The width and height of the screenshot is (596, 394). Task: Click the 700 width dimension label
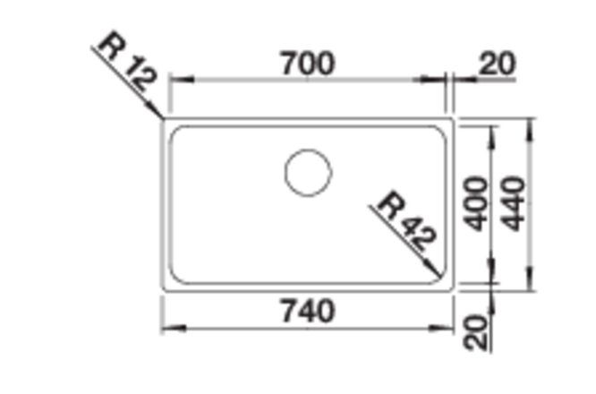click(308, 64)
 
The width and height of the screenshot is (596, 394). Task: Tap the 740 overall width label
click(308, 311)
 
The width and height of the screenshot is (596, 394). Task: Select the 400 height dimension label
click(477, 204)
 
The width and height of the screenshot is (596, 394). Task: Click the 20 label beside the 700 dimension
click(498, 64)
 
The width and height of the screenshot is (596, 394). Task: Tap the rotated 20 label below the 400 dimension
click(475, 332)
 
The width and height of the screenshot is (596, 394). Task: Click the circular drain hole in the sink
click(308, 173)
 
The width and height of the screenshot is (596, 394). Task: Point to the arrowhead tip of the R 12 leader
click(163, 119)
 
